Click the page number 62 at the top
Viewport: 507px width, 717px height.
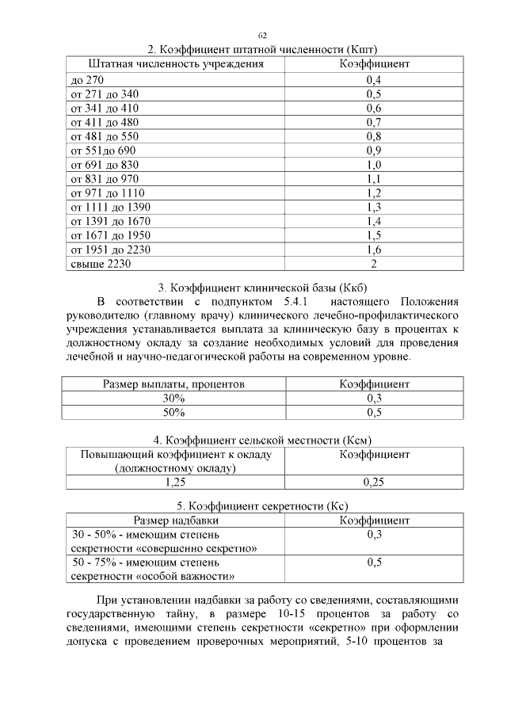pyautogui.click(x=262, y=36)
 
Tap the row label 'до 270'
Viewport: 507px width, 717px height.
pyautogui.click(x=87, y=80)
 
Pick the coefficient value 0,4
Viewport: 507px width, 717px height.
pyautogui.click(x=374, y=80)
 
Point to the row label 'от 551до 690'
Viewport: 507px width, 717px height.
pyautogui.click(x=104, y=151)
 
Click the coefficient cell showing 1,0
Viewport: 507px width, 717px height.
pyautogui.click(x=374, y=165)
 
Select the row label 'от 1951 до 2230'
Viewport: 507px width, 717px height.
pyautogui.click(x=111, y=250)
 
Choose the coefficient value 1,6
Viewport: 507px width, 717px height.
pyautogui.click(x=374, y=250)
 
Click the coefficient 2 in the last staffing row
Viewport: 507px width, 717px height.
pyautogui.click(x=374, y=264)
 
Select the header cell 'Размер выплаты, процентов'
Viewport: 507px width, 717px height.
pyautogui.click(x=174, y=384)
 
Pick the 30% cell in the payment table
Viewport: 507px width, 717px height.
pyautogui.click(x=174, y=399)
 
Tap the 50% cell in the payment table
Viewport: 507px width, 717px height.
pyautogui.click(x=174, y=413)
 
